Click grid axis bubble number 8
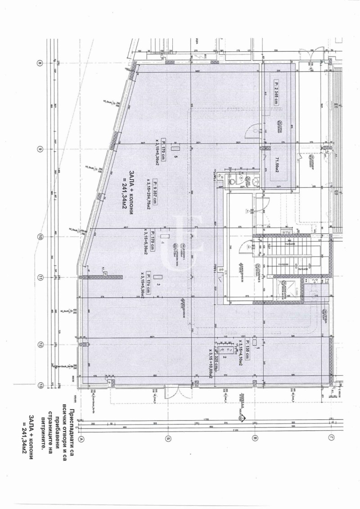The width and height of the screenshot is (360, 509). [x=40, y=63]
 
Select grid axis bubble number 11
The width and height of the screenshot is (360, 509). [x=40, y=278]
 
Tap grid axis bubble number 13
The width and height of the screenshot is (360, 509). [x=40, y=385]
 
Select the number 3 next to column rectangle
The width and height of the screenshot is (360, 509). [x=158, y=285]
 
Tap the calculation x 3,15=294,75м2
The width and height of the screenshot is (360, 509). [x=148, y=194]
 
